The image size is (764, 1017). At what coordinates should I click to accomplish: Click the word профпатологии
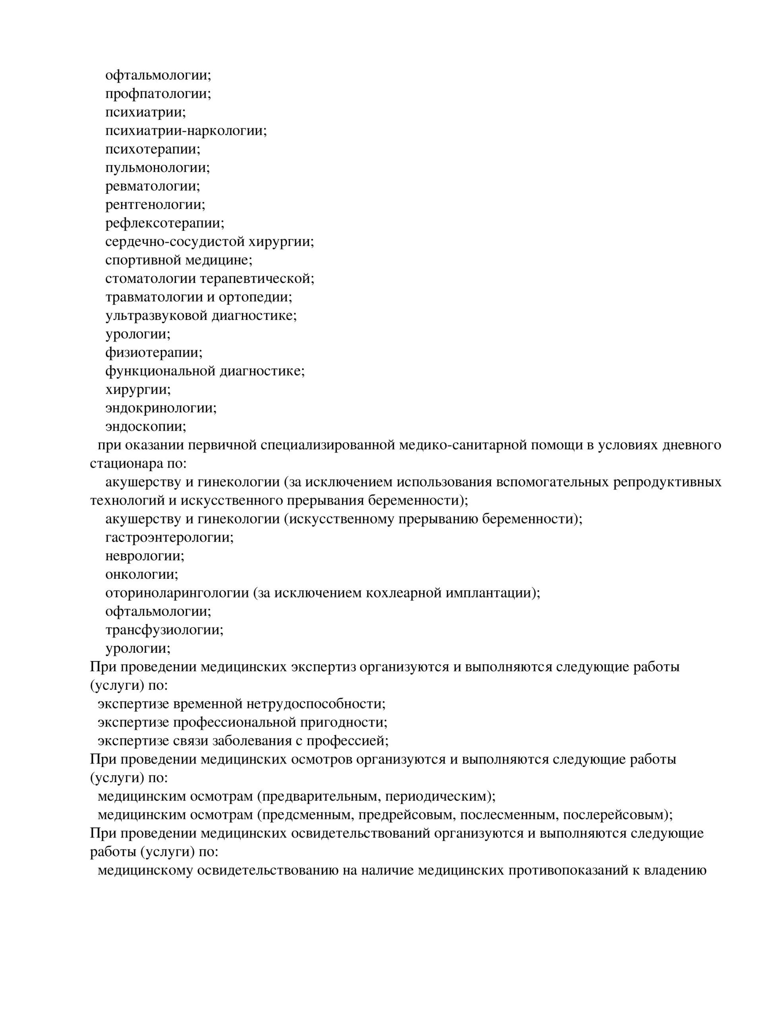(x=156, y=94)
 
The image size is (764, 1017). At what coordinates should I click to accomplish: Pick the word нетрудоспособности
(x=315, y=704)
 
